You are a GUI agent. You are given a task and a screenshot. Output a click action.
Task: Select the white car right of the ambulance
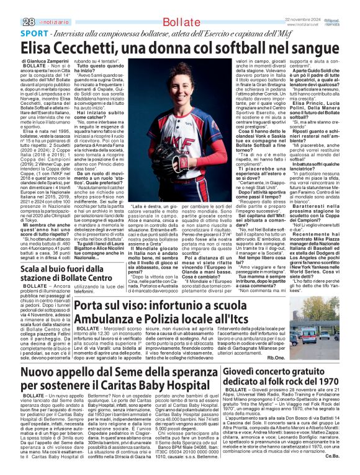click(x=343, y=335)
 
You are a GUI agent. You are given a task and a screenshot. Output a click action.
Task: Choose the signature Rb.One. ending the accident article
click(x=276, y=358)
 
